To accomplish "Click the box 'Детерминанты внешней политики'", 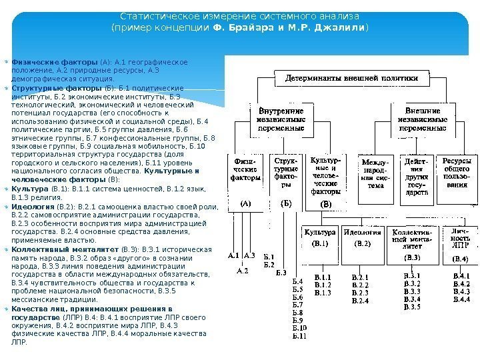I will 352,78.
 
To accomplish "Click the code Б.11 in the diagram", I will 300,337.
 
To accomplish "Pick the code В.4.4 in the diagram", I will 461,299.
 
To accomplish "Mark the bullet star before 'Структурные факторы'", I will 7,87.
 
